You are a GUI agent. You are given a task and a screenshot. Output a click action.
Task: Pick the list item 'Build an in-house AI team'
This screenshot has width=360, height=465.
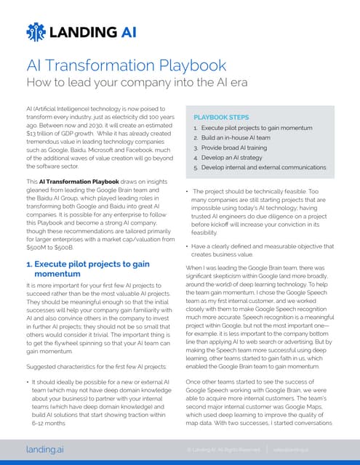tap(238, 137)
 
